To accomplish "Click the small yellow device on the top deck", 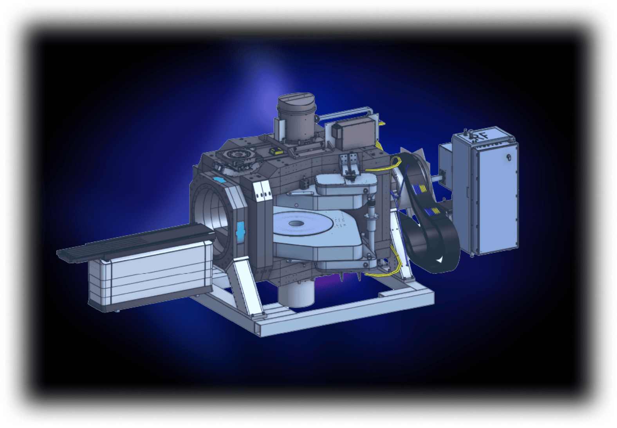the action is coord(276,151).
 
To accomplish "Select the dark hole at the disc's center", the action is coord(296,223).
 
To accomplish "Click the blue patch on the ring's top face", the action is coord(220,180).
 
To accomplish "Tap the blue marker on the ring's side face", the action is coord(240,232).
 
